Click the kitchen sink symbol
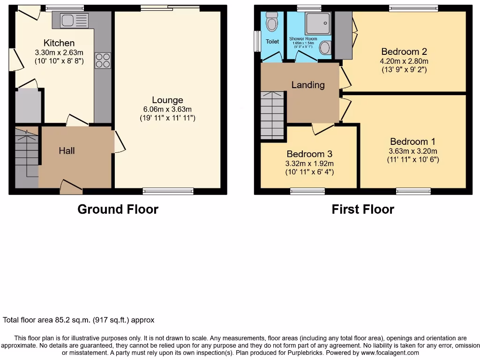coord(74,20)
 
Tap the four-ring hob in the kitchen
coord(103,60)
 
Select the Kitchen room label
coord(59,43)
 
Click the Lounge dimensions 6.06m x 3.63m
coord(167,109)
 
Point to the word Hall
coord(67,150)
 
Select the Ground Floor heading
coord(118,209)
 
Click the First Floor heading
coord(363,209)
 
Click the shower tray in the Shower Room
coord(318,23)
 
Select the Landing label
coord(308,85)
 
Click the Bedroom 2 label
coord(404,52)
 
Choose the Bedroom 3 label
coord(309,154)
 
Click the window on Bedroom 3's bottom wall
coord(307,191)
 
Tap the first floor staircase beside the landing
coord(272,115)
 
